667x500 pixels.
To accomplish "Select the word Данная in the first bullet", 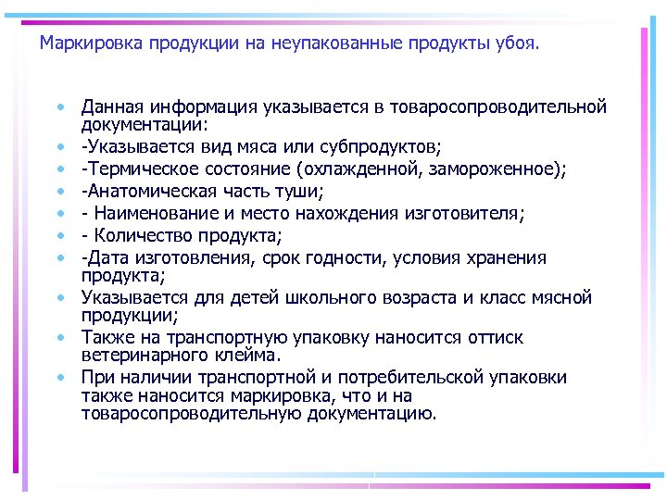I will (x=108, y=107).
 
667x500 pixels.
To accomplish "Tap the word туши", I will (x=300, y=192).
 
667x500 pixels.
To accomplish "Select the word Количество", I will (x=139, y=236).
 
